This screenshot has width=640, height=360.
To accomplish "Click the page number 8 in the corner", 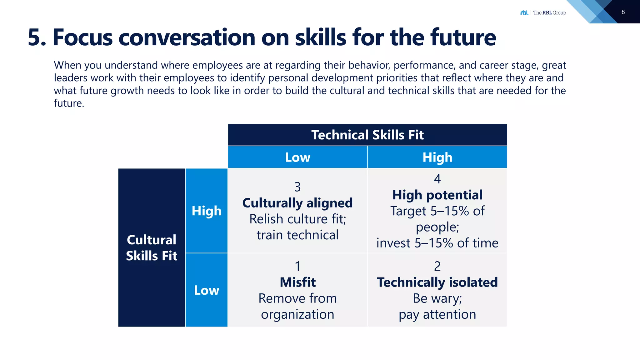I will point(623,12).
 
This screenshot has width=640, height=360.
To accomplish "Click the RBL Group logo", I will point(543,13).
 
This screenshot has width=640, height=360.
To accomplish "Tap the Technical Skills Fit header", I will point(367,135).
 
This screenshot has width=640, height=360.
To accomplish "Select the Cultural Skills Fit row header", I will point(152,247).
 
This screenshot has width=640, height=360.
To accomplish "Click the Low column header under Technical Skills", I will point(297,157).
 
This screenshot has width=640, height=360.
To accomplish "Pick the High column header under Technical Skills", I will point(437,157).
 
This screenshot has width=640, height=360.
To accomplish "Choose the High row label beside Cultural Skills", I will point(206,211).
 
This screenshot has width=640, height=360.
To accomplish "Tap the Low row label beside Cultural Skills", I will point(206,290).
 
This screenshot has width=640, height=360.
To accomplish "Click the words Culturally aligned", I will point(297,203).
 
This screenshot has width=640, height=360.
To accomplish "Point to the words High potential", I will point(437,195).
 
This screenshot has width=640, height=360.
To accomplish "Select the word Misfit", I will point(297,282).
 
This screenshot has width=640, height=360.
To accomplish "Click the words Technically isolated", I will point(437,282).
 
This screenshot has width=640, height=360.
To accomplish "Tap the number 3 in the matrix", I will point(297,187).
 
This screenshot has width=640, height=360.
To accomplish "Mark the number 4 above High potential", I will point(437,179).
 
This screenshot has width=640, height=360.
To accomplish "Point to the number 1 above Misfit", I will point(297,266).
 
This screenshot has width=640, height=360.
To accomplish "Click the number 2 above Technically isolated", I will point(437,266).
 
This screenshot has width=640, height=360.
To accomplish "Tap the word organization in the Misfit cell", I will point(297,314).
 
